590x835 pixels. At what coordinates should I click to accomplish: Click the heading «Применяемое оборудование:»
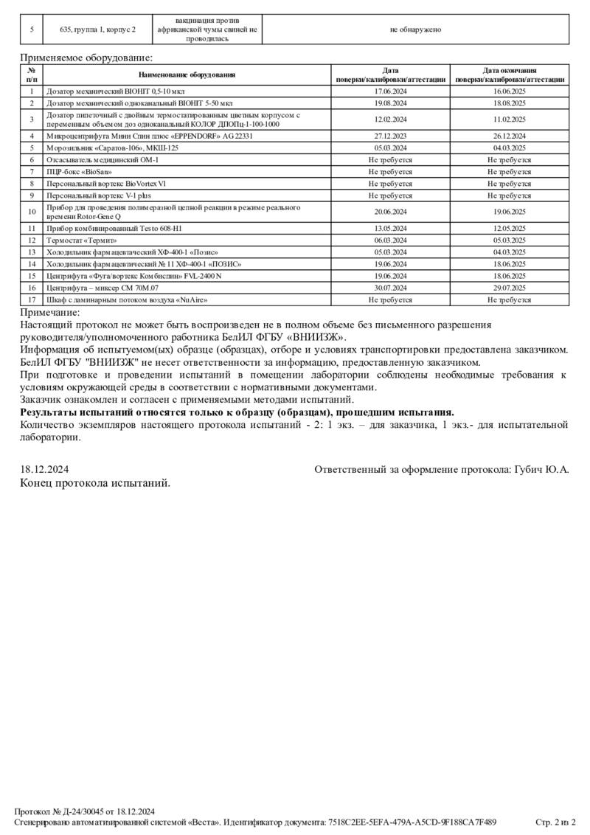(87, 57)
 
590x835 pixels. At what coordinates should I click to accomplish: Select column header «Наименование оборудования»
(187, 75)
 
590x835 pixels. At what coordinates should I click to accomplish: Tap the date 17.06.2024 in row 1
(391, 91)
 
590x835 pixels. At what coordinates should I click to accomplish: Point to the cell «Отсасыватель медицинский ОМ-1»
(103, 159)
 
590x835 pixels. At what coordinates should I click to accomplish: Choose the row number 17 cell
(32, 300)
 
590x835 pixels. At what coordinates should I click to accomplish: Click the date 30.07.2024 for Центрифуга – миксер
(391, 288)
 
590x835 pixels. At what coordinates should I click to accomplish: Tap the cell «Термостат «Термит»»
(82, 240)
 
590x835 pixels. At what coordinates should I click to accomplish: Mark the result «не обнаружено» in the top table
(415, 30)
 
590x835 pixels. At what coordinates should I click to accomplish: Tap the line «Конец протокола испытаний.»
(95, 483)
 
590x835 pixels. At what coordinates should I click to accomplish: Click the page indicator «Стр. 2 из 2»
(555, 822)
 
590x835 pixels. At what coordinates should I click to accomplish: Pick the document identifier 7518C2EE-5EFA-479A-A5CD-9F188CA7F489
(412, 822)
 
